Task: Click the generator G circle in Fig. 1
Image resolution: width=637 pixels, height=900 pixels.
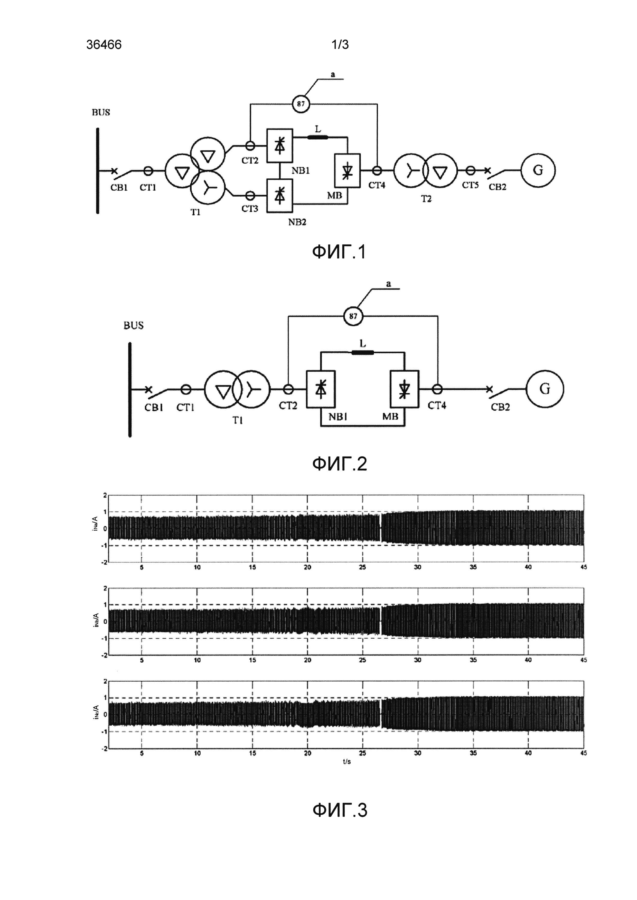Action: click(538, 170)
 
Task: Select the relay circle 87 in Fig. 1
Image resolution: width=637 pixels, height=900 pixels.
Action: click(301, 104)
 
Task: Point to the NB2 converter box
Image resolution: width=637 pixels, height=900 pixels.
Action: click(280, 196)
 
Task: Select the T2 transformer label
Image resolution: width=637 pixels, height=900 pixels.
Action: click(426, 199)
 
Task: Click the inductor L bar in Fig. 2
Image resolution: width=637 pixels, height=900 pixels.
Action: click(363, 352)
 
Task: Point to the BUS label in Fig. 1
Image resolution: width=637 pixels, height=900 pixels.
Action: click(101, 112)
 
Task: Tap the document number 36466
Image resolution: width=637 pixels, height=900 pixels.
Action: click(104, 45)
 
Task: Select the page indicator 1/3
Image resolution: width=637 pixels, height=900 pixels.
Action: click(340, 45)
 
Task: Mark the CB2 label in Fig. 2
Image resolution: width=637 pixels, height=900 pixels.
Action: click(500, 407)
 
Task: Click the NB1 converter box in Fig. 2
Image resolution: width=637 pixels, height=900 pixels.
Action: click(321, 389)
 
